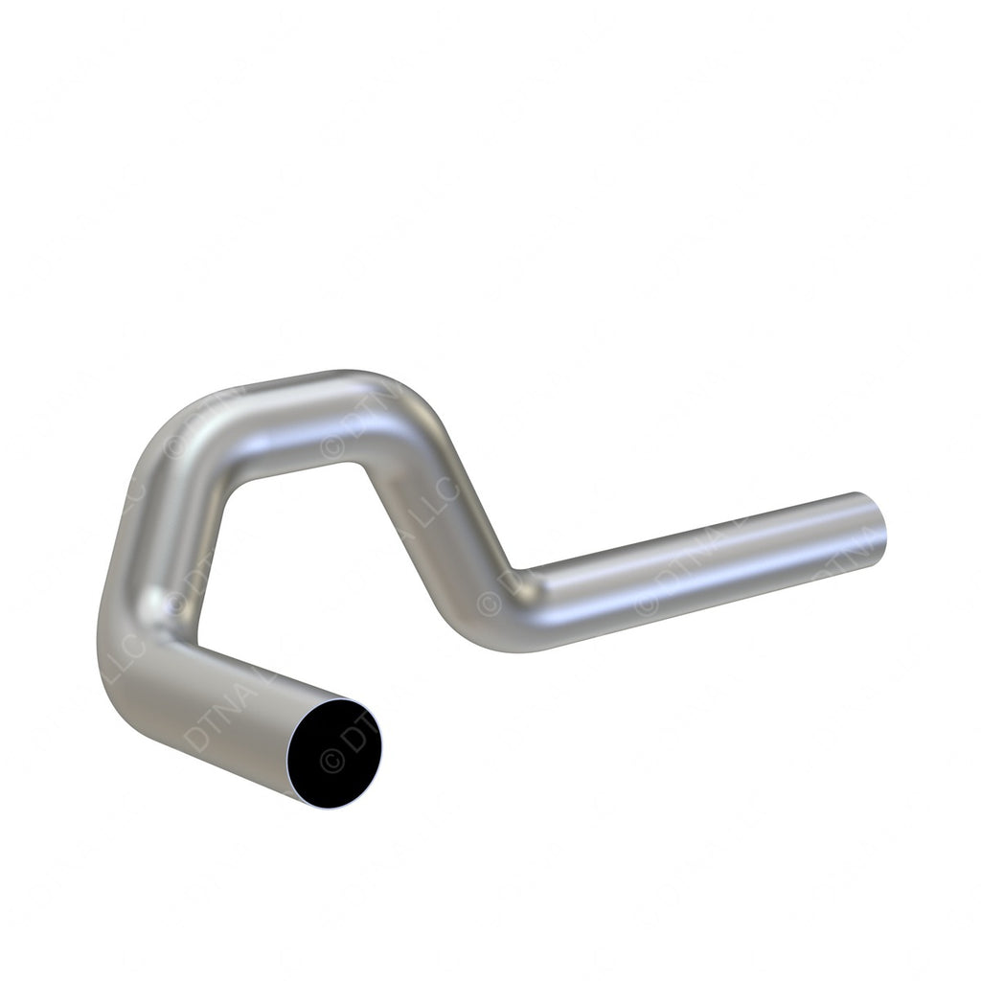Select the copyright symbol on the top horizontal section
point(332,445)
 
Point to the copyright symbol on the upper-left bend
point(174,445)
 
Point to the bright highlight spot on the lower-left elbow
point(153,602)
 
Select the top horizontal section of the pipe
point(287,422)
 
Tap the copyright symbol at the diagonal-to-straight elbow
point(490,604)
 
